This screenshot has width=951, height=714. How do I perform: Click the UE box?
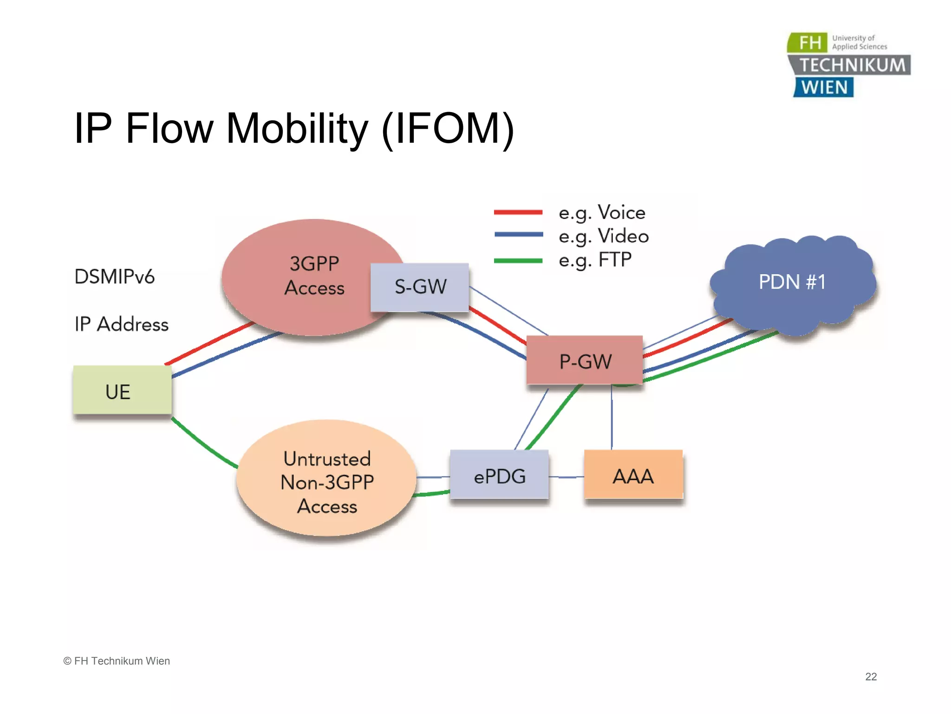122,390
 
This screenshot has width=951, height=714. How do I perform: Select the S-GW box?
420,287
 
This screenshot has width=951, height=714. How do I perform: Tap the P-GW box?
585,361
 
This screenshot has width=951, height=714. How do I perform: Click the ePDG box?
499,475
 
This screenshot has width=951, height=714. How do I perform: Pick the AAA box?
633,475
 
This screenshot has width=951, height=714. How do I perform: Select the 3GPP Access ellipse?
306,277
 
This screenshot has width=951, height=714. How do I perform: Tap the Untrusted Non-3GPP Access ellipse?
327,482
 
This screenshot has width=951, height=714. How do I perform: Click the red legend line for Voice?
518,212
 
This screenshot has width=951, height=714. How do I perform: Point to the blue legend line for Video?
518,235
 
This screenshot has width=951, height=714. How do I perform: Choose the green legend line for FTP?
518,261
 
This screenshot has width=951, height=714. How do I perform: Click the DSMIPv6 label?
114,277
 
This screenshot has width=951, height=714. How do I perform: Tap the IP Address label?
122,324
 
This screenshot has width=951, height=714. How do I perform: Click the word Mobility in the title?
297,129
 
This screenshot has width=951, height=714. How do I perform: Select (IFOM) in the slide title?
448,129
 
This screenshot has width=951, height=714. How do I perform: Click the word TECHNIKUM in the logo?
853,65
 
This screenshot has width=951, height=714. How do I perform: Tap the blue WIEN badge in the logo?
824,87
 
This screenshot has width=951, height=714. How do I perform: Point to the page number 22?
871,676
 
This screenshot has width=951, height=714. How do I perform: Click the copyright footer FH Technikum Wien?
117,661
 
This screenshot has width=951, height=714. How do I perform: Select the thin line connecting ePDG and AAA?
567,477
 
